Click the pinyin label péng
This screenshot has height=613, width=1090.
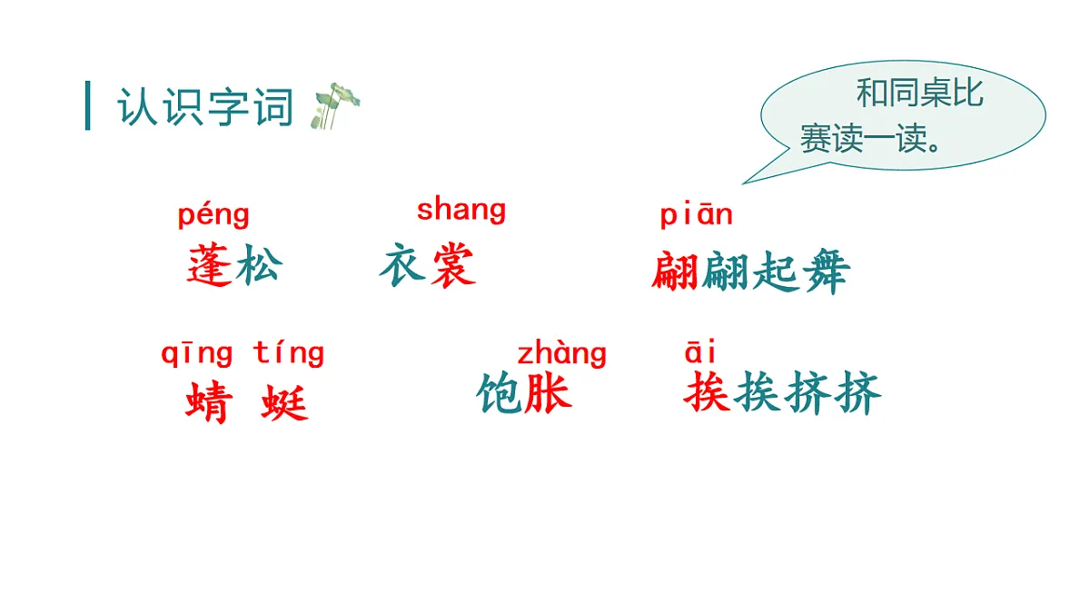click(213, 216)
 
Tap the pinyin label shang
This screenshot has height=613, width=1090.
click(461, 211)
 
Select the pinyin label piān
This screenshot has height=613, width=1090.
click(696, 215)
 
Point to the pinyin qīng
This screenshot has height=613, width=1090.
click(197, 353)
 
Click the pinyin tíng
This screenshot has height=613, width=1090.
click(288, 353)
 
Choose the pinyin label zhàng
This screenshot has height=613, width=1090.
click(561, 353)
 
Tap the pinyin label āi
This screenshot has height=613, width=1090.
click(700, 352)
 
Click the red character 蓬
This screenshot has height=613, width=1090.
click(211, 266)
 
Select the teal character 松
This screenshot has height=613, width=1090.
click(259, 266)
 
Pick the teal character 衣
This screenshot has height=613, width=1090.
click(402, 266)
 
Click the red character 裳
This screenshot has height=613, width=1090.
click(452, 266)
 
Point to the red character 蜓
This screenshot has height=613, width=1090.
click(285, 402)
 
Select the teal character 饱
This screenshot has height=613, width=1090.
click(500, 394)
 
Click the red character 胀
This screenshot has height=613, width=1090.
click(549, 394)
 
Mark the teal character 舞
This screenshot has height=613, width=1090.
click(825, 272)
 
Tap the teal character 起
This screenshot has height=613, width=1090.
click(775, 272)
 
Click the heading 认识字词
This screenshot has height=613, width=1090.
click(205, 108)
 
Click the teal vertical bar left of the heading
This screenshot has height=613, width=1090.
click(88, 106)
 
